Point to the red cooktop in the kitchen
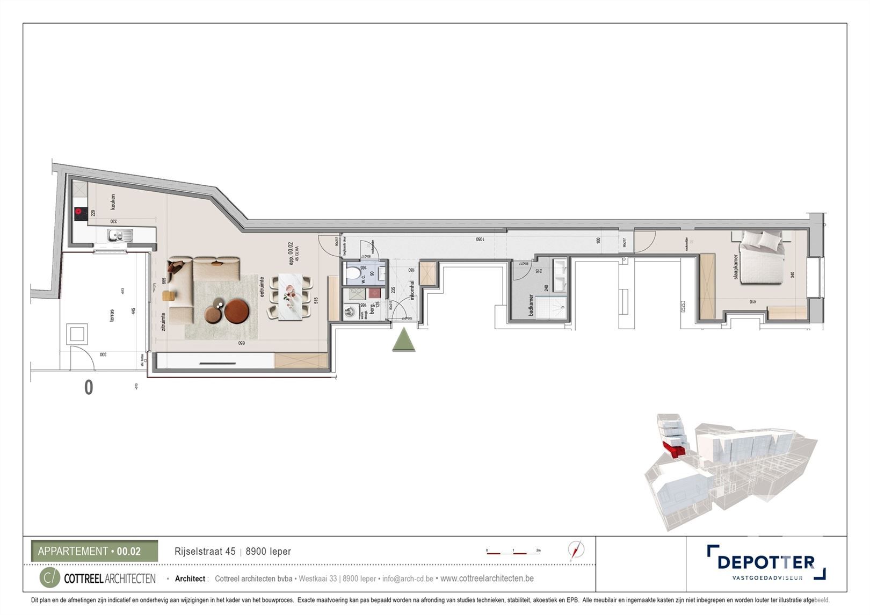pos(81,213)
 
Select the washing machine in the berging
pos(350,312)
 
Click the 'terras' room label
pos(111,314)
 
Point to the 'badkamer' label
pos(531,305)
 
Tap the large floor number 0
pos(89,387)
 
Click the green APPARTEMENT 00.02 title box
pos(95,551)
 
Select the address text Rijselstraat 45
pos(205,552)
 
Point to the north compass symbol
pos(576,550)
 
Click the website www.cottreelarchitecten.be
pos(487,578)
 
